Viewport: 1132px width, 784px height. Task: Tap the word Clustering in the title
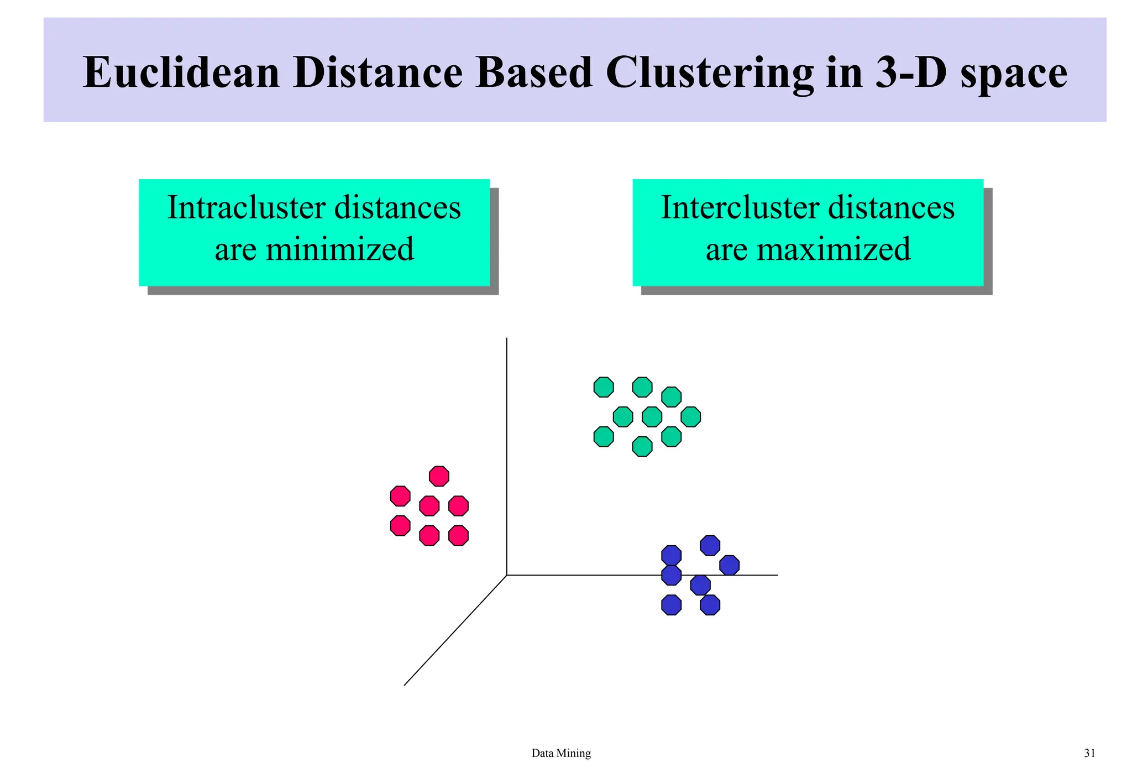pos(709,72)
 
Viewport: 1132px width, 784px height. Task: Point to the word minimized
pos(339,249)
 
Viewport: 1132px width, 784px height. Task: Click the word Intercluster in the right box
pos(738,208)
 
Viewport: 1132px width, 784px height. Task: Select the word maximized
pos(834,249)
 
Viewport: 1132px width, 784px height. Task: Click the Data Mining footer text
pos(561,753)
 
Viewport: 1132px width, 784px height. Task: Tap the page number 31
pos(1089,753)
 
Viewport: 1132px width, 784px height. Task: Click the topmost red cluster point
pos(439,476)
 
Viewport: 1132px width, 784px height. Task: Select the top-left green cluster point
pos(604,387)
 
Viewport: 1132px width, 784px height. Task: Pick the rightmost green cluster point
pos(690,416)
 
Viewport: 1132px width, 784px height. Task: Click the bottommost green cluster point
pos(642,446)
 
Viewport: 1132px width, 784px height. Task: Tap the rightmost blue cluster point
pos(729,565)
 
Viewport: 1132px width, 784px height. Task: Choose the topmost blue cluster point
pos(710,546)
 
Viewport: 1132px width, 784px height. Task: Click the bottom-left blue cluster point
pos(671,605)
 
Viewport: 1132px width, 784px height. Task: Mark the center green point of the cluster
pos(652,416)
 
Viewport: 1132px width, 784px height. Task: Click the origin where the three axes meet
pos(507,575)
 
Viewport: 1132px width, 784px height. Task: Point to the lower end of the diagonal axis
pos(405,685)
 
